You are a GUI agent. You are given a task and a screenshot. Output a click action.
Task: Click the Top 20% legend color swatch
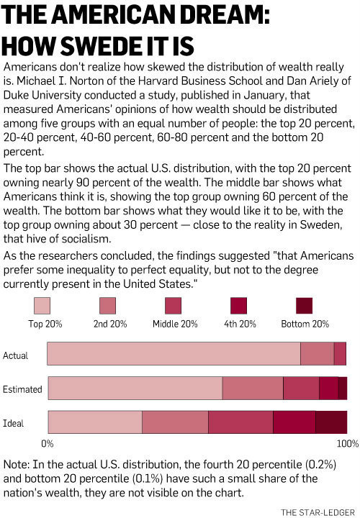[42, 306]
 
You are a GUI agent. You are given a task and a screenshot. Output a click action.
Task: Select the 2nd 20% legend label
[110, 324]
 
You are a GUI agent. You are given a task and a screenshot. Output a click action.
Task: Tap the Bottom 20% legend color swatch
[304, 306]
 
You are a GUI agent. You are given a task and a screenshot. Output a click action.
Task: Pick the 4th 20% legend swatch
[238, 306]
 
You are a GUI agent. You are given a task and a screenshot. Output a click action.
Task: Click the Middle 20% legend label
[175, 324]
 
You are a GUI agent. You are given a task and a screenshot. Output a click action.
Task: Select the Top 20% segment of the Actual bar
[174, 353]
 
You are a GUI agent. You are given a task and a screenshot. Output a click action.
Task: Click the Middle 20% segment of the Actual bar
[340, 353]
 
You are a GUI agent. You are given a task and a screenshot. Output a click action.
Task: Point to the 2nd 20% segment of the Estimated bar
[253, 388]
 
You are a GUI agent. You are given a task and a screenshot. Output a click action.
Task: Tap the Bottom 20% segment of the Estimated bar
[343, 388]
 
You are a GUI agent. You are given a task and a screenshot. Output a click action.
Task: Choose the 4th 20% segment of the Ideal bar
[294, 422]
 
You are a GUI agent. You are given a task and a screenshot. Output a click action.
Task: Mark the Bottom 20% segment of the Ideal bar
[332, 422]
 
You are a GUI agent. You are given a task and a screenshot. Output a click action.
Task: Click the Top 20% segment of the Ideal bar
[95, 422]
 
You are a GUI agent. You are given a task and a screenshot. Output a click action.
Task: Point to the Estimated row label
[22, 389]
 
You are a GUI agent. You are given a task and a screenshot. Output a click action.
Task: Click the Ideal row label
[13, 423]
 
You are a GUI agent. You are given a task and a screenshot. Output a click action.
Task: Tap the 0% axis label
[48, 443]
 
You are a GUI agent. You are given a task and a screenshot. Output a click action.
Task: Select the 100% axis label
[348, 443]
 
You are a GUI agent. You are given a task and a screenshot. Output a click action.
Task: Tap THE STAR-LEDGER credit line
[318, 512]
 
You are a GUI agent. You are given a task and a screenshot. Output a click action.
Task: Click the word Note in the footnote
[16, 465]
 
